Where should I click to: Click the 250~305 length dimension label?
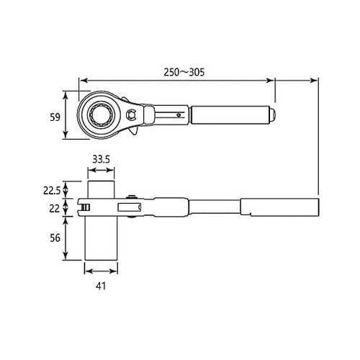pyautogui.click(x=184, y=72)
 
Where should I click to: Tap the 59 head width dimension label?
pyautogui.click(x=55, y=117)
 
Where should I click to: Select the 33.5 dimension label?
pyautogui.click(x=101, y=159)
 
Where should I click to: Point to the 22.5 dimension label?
pyautogui.click(x=52, y=191)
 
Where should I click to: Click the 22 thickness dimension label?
pyautogui.click(x=55, y=209)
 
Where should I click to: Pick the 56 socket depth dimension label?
pyautogui.click(x=55, y=238)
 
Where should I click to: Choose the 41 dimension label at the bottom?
pyautogui.click(x=101, y=286)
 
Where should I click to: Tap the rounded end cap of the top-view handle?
pyautogui.click(x=273, y=115)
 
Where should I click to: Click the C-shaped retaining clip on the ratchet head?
pyautogui.click(x=131, y=114)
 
